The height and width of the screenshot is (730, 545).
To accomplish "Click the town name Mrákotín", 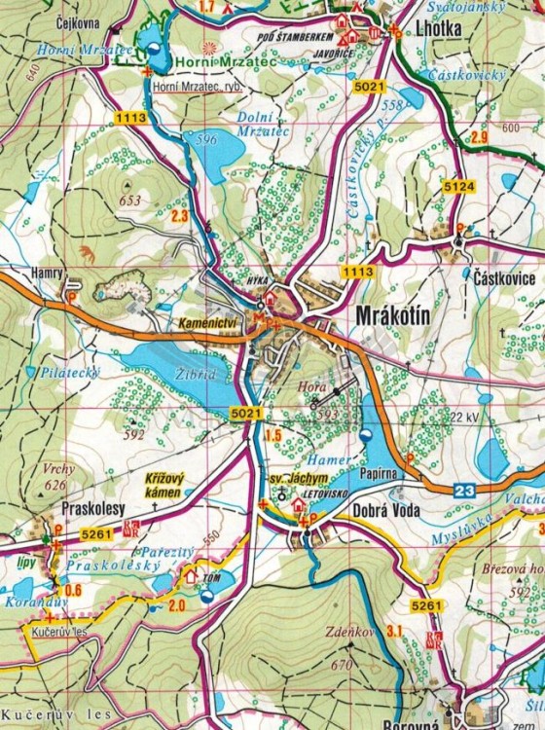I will (394, 318).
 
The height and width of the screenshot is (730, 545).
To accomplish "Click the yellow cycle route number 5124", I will (457, 185).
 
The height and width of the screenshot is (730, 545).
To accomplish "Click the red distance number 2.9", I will (478, 135).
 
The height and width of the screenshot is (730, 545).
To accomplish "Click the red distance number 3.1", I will (393, 633).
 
